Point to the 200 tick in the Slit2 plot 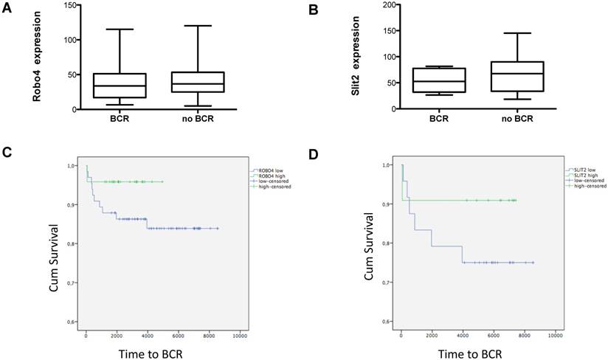(387, 5)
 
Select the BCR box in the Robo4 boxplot (120, 86)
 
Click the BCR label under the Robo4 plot (120, 118)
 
